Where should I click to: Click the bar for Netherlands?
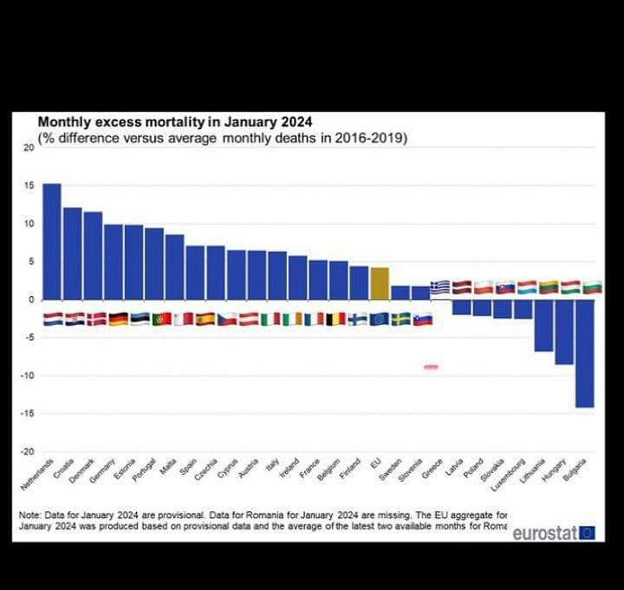pos(52,242)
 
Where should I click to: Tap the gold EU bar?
pos(379,283)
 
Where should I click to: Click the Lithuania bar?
pos(543,326)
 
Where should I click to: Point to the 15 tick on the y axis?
pos(29,186)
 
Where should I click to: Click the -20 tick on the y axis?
pos(27,451)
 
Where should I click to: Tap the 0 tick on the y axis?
pos(30,300)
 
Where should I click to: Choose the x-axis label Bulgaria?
pos(576,469)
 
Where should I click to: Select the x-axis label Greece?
pos(432,468)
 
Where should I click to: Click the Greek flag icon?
pos(440,287)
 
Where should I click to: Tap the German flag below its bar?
pos(114,319)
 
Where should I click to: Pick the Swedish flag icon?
pos(400,319)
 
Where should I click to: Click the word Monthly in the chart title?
pos(65,123)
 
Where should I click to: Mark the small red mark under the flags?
pos(431,367)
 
